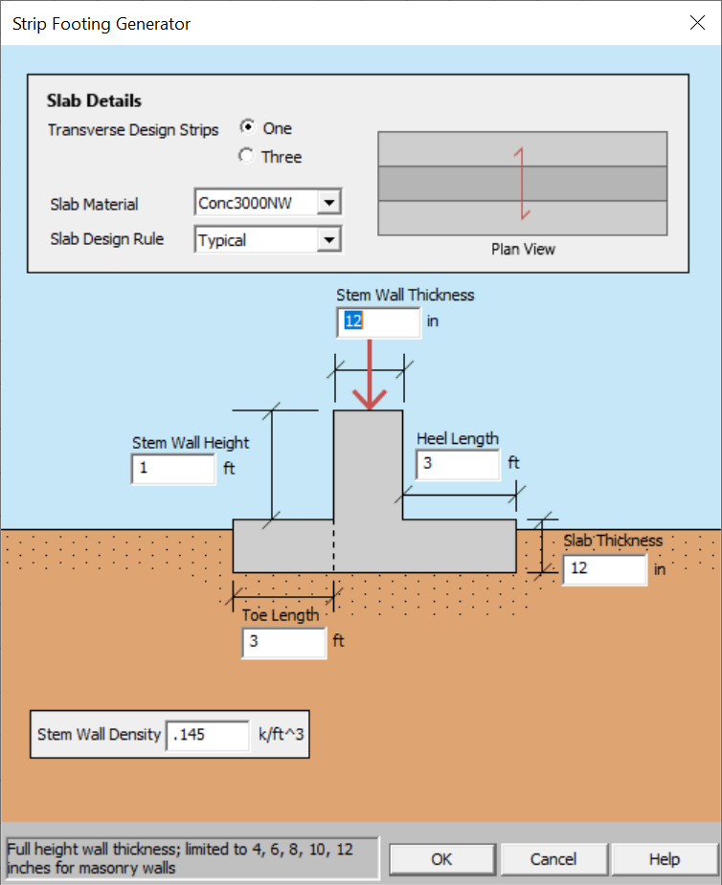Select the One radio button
click(x=248, y=128)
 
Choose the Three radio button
click(x=248, y=157)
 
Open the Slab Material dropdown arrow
click(x=328, y=203)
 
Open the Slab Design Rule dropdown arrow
click(x=328, y=239)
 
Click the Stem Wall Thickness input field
click(x=378, y=321)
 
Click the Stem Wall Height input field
click(x=172, y=469)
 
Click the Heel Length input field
click(x=458, y=464)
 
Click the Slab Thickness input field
click(x=604, y=569)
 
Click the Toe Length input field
click(x=283, y=642)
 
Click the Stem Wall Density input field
click(x=208, y=735)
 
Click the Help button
click(x=664, y=858)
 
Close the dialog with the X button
click(x=697, y=23)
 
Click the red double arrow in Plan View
click(x=522, y=183)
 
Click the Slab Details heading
click(x=94, y=100)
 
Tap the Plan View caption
click(x=523, y=249)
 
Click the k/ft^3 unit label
click(x=282, y=735)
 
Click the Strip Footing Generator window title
click(x=101, y=24)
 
